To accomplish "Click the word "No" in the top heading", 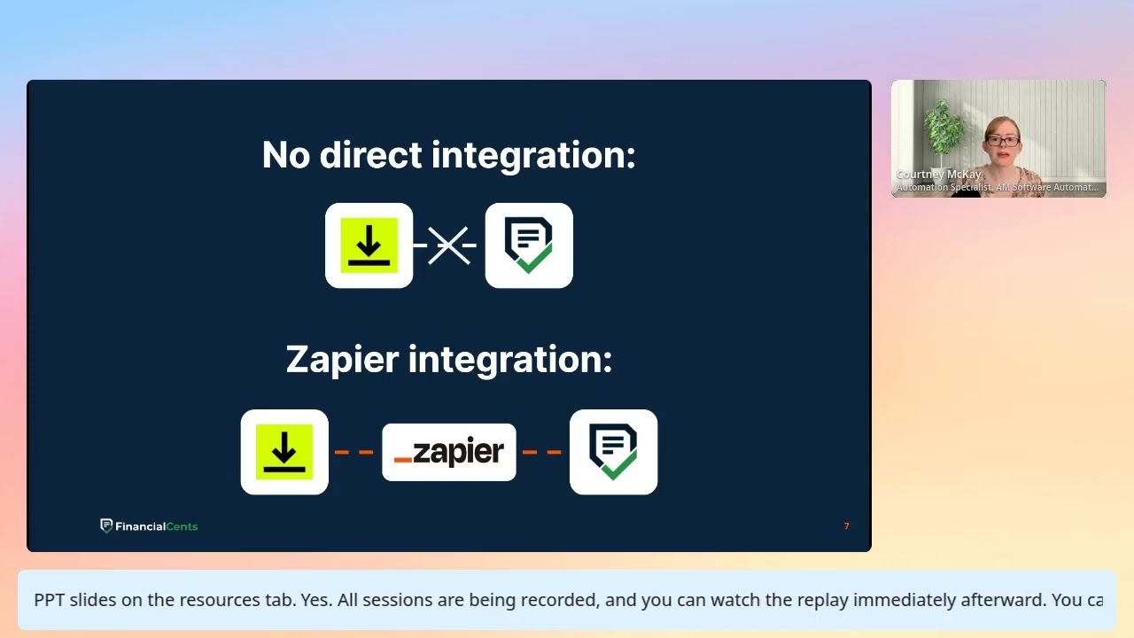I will pyautogui.click(x=286, y=155).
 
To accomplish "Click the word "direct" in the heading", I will pyautogui.click(x=370, y=155).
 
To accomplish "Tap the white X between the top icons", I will pyautogui.click(x=449, y=245).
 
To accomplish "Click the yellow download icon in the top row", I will pyautogui.click(x=369, y=245).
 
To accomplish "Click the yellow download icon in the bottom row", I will pyautogui.click(x=284, y=452).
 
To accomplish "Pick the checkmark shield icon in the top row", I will pyautogui.click(x=529, y=245).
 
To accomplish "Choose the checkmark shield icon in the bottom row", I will pyautogui.click(x=613, y=452).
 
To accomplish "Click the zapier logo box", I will pyautogui.click(x=449, y=452).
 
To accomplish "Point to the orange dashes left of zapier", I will pyautogui.click(x=354, y=452).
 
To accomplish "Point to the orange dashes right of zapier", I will pyautogui.click(x=542, y=452).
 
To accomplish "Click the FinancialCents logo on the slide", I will pyautogui.click(x=149, y=526).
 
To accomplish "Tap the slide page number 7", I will pyautogui.click(x=846, y=526).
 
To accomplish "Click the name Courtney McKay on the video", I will pyautogui.click(x=938, y=175).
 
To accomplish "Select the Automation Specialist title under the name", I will pyautogui.click(x=997, y=187).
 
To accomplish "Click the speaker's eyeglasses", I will pyautogui.click(x=1002, y=141).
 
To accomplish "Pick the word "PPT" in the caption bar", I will pyautogui.click(x=50, y=600).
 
